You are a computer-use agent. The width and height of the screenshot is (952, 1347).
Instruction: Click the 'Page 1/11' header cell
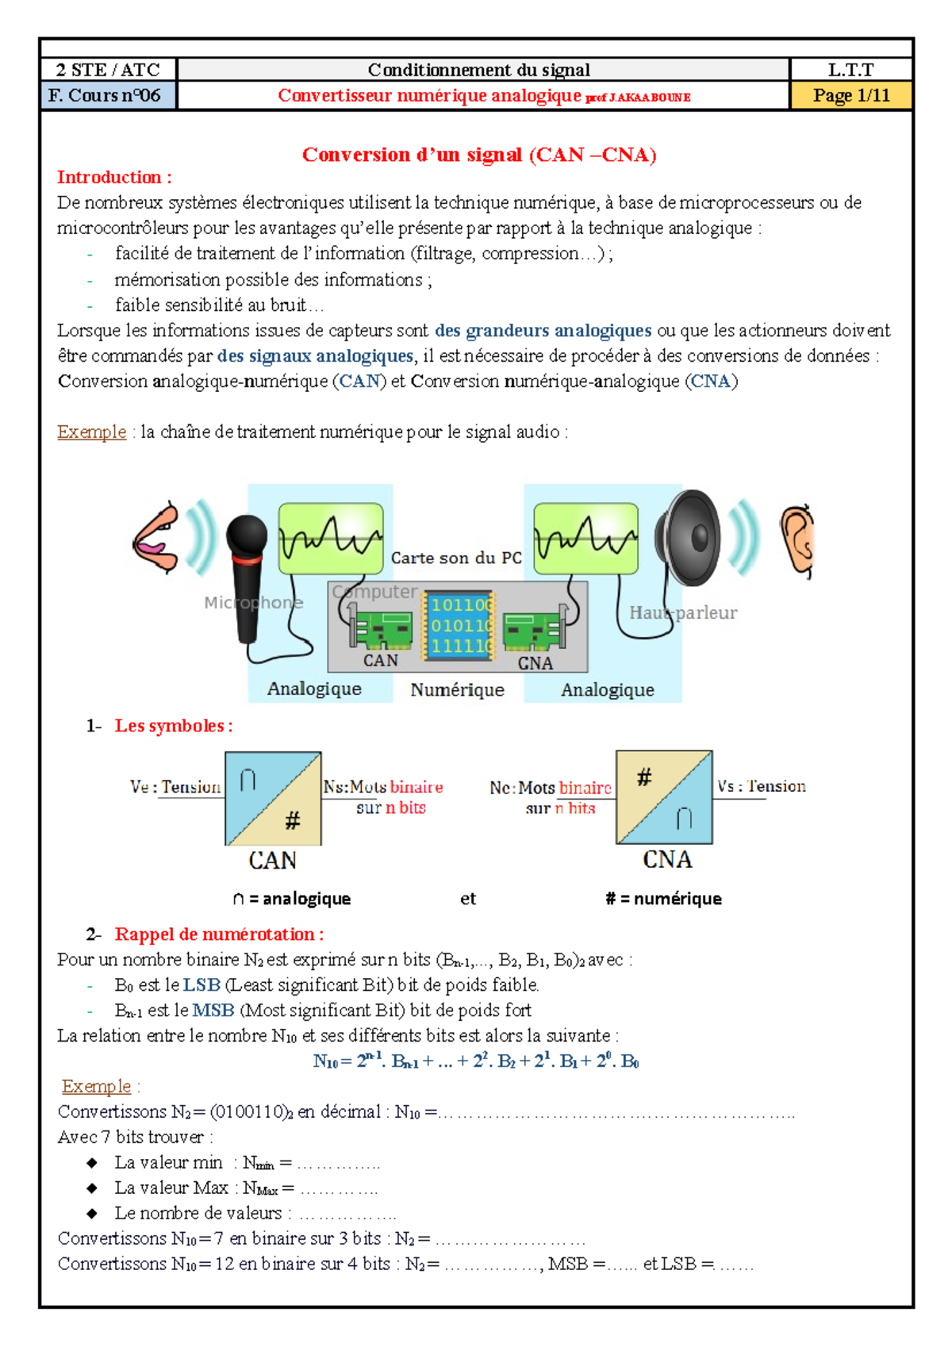[x=850, y=96]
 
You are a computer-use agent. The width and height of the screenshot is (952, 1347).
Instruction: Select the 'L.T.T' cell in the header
[x=850, y=70]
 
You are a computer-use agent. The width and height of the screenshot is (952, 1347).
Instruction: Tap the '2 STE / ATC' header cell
[x=108, y=70]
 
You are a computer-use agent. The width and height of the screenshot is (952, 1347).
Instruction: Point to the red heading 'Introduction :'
[x=114, y=177]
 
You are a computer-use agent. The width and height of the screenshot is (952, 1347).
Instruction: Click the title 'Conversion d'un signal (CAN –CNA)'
[x=479, y=154]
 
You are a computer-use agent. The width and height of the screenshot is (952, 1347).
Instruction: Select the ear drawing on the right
[x=797, y=539]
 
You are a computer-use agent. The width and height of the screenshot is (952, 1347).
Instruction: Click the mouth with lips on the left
[x=157, y=538]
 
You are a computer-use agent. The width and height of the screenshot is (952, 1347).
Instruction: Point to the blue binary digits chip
[x=459, y=625]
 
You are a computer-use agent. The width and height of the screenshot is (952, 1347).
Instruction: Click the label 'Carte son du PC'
[x=456, y=558]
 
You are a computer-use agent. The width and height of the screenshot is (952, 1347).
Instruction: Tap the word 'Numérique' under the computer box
[x=457, y=690]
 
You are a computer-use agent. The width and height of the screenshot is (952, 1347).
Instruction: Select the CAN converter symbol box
[x=273, y=798]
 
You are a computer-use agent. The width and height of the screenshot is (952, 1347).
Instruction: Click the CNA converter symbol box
[x=664, y=796]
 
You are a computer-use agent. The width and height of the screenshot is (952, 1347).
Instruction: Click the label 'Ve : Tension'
[x=175, y=787]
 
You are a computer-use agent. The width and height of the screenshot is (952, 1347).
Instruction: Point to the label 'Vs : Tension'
[x=761, y=786]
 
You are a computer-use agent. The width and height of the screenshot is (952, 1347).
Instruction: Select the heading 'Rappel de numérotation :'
[x=219, y=934]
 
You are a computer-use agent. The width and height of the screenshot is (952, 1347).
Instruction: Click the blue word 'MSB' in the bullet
[x=213, y=1010]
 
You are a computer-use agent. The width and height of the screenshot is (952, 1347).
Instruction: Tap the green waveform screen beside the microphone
[x=331, y=538]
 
